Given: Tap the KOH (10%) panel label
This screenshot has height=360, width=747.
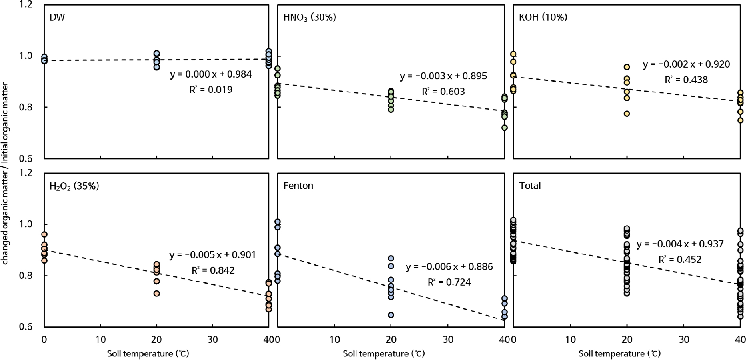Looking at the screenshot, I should point(543,17).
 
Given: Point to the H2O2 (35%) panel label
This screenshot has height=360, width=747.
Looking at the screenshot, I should point(74,186).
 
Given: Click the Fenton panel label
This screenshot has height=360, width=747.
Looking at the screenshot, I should point(298,186).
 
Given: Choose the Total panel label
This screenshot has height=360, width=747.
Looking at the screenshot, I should point(530,186).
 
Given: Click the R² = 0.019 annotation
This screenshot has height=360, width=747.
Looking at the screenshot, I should point(211,90).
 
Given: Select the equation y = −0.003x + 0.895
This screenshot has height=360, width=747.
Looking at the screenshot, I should point(443,76).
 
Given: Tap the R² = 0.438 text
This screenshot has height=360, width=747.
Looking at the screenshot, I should point(686,80).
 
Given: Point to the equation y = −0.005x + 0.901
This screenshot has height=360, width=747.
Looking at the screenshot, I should point(212,255).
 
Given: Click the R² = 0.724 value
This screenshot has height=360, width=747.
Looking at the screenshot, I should point(449,282).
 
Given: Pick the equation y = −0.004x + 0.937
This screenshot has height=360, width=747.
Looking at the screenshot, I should point(680,244).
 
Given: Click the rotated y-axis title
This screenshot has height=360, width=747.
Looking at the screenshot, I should point(6,173).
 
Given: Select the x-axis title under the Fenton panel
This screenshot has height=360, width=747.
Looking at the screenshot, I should point(383,354).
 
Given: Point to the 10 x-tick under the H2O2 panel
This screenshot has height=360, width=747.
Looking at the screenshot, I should point(100,340).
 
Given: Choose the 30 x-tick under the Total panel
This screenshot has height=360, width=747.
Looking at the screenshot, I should point(684,340).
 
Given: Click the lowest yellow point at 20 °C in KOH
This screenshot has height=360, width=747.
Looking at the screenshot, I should point(627,114).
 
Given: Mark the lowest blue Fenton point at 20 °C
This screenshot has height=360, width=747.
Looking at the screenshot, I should point(391,315).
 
